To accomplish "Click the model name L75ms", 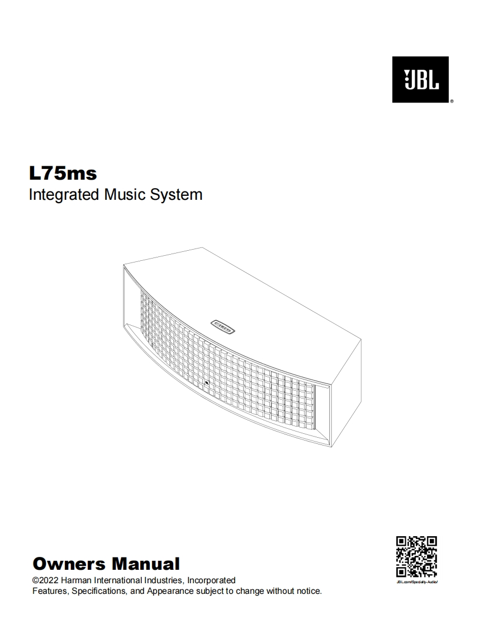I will (x=63, y=174).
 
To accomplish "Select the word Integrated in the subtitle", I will (x=64, y=195).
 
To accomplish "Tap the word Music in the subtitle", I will (x=124, y=195).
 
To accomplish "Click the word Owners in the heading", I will (x=69, y=563).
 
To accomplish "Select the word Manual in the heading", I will (x=145, y=563).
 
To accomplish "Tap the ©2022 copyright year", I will (x=45, y=580).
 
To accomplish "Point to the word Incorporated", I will (x=211, y=580).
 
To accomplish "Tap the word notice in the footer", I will (x=308, y=591).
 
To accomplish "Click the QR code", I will (x=416, y=557).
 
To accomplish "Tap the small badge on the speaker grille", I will (x=206, y=383).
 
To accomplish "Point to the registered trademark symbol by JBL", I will (x=451, y=102).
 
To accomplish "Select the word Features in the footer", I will (x=49, y=591).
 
